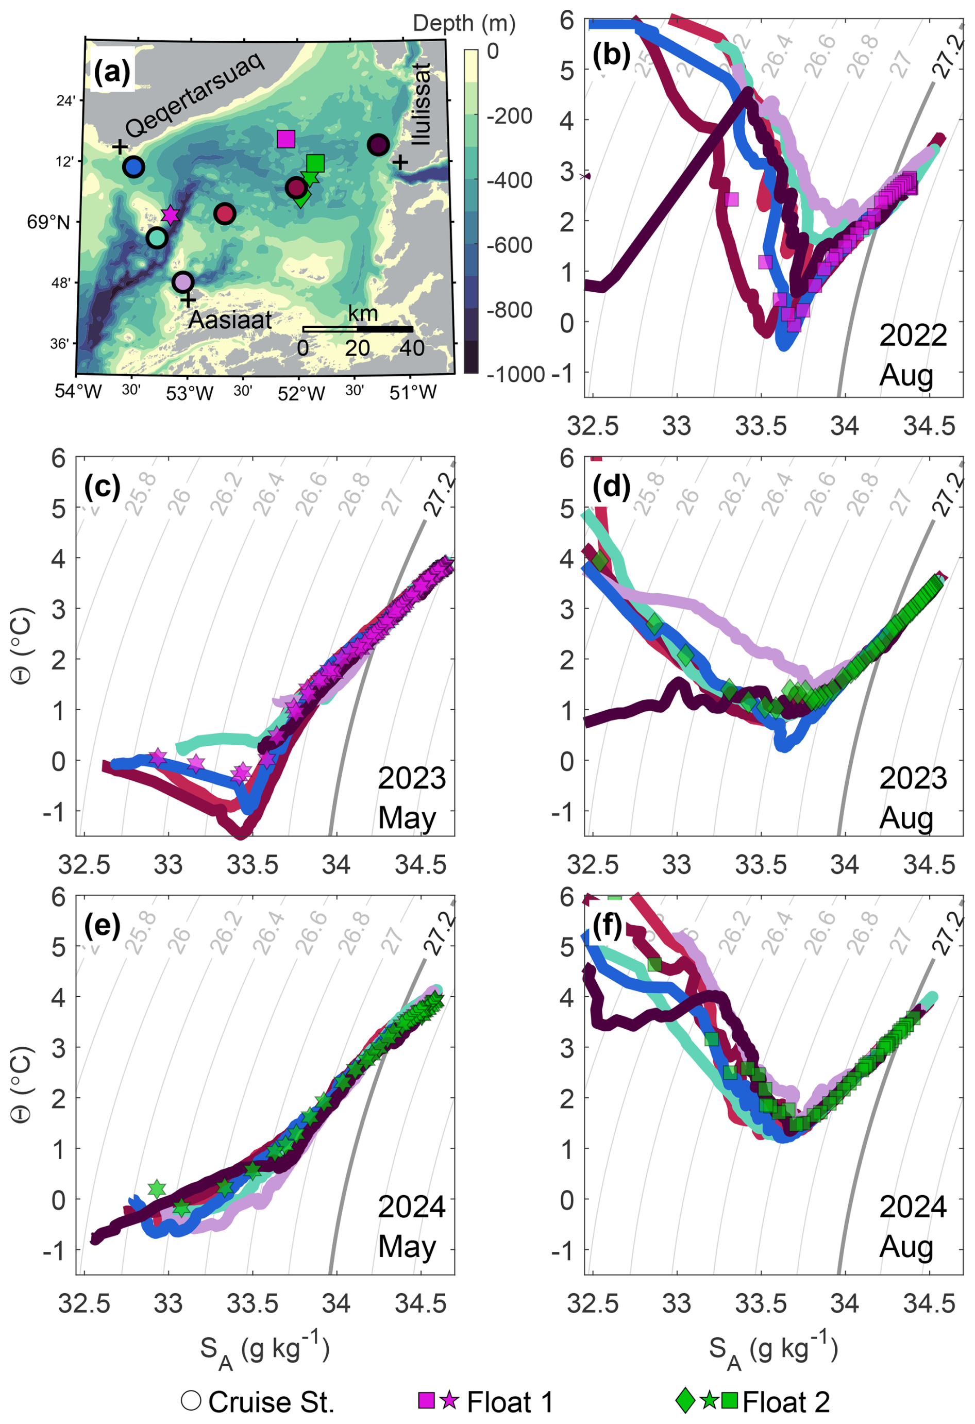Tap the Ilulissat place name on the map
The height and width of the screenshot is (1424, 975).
pyautogui.click(x=421, y=104)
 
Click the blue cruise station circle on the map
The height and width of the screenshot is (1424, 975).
pyautogui.click(x=133, y=166)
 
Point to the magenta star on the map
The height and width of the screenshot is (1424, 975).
pyautogui.click(x=170, y=214)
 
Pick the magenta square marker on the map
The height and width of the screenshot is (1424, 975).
pyautogui.click(x=286, y=139)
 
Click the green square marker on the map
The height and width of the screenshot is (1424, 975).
pyautogui.click(x=315, y=163)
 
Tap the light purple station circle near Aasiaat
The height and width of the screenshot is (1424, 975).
pyautogui.click(x=183, y=282)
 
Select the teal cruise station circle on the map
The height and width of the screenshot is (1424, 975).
pyautogui.click(x=157, y=237)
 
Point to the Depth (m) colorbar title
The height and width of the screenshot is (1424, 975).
pyautogui.click(x=464, y=23)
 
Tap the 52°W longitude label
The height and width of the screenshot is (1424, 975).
pyautogui.click(x=301, y=393)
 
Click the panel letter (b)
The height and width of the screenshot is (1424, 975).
pyautogui.click(x=611, y=56)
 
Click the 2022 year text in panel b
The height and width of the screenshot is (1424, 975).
pyautogui.click(x=913, y=336)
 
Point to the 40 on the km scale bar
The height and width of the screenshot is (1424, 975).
pyautogui.click(x=412, y=348)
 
